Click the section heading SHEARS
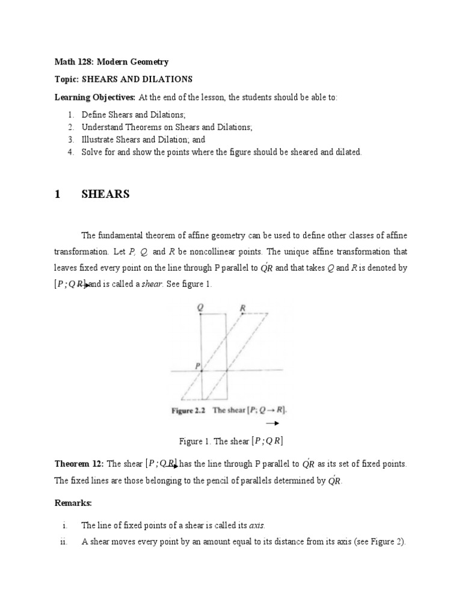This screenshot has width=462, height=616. [x=105, y=194]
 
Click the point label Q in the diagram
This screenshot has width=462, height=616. [x=200, y=307]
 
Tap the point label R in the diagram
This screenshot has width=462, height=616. [x=242, y=307]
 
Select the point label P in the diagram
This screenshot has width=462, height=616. [x=196, y=365]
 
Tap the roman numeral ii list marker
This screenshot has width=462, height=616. [x=63, y=541]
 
